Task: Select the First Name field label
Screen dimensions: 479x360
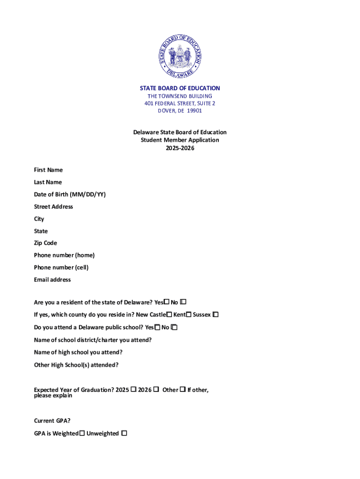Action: click(x=48, y=170)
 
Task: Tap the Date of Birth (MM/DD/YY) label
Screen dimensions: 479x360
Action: click(x=70, y=194)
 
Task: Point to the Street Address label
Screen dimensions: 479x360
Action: click(x=53, y=206)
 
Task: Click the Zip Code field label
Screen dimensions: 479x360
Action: click(x=45, y=243)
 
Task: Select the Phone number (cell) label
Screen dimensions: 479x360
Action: click(x=61, y=268)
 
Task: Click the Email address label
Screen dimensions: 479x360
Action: click(x=52, y=280)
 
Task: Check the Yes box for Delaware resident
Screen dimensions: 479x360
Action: click(x=166, y=302)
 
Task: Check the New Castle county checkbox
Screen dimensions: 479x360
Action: click(x=169, y=314)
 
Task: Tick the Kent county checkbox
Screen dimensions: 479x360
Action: click(x=189, y=314)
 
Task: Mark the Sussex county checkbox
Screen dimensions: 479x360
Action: click(x=216, y=314)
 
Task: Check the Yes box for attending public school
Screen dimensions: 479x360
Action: click(x=158, y=327)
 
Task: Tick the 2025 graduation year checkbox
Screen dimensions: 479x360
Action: click(x=133, y=389)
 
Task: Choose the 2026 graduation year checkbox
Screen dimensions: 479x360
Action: click(x=156, y=389)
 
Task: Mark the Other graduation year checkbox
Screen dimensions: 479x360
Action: click(x=182, y=389)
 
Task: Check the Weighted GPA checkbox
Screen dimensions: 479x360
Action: click(x=82, y=434)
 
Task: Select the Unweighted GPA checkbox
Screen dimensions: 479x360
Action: click(x=124, y=434)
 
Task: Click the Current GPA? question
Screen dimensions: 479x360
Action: click(x=52, y=421)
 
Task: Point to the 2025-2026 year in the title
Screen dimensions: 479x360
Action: click(x=180, y=148)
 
